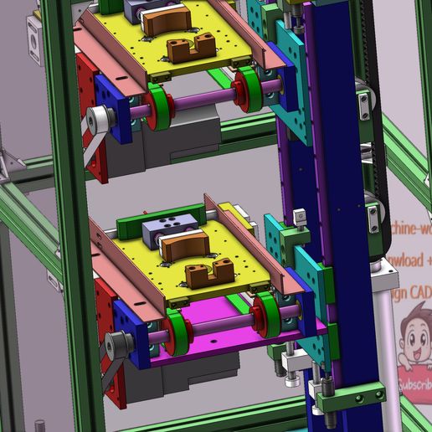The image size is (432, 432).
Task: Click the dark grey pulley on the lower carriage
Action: (119, 343)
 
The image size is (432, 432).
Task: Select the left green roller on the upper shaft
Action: (159, 105)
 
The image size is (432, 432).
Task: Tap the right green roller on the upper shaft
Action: (247, 90)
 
